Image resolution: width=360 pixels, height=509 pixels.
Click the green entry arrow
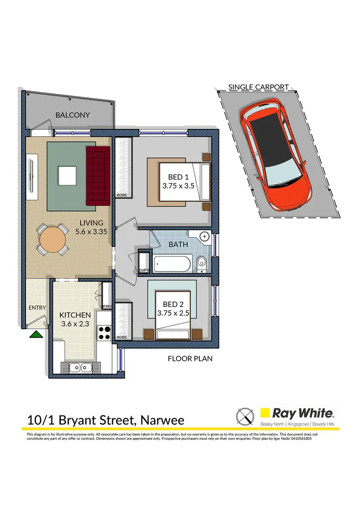tap(35, 334)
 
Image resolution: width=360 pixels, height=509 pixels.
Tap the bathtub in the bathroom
tap(172, 263)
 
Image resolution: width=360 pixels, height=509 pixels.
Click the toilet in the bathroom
tap(202, 262)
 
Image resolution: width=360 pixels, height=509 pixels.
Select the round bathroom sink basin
tap(205, 237)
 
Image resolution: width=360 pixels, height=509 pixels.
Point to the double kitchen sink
tap(80, 368)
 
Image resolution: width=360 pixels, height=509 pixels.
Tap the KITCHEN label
tap(75, 315)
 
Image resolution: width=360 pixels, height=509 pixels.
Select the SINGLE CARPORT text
tap(258, 87)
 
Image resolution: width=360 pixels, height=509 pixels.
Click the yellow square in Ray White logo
tap(264, 413)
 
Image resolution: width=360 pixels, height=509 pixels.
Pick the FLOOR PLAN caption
tap(190, 358)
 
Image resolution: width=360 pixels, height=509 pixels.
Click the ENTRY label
tap(37, 308)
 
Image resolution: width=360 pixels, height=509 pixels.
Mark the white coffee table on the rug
tap(67, 175)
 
